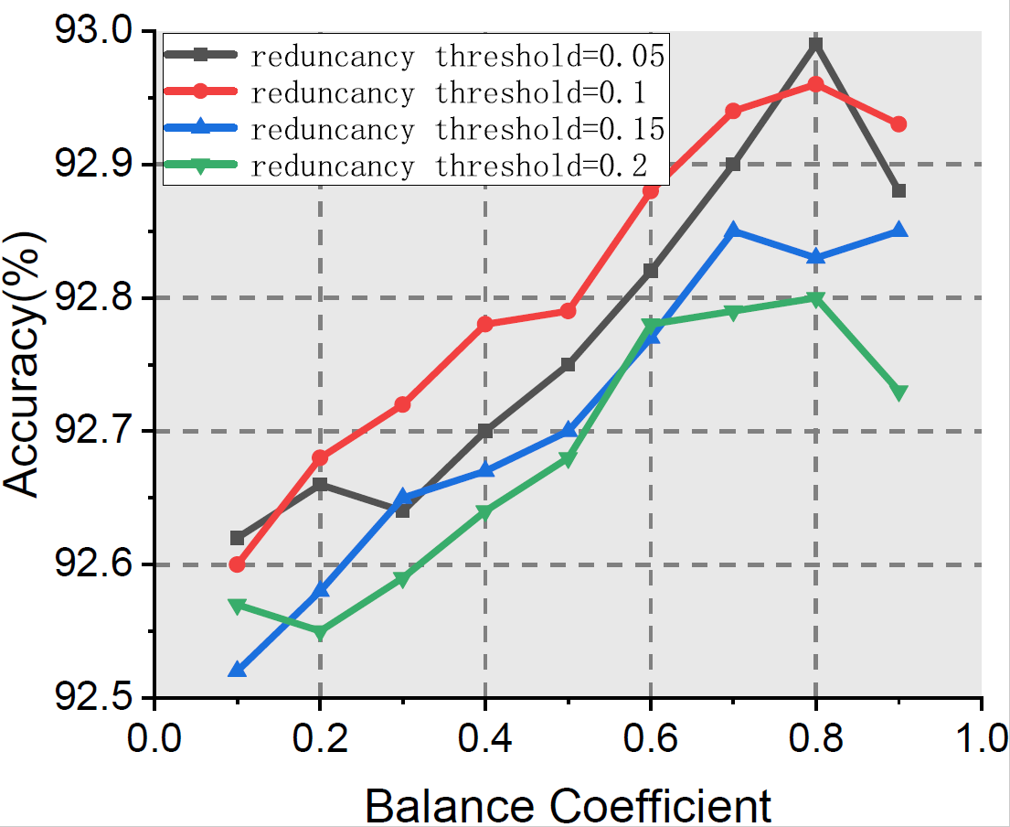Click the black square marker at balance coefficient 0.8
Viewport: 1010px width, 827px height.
pos(816,44)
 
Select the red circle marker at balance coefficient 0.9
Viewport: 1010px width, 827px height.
pos(898,124)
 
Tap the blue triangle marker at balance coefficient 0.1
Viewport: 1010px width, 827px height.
pos(238,670)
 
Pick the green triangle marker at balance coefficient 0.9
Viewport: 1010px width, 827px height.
pos(898,392)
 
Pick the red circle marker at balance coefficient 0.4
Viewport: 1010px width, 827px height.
pos(485,324)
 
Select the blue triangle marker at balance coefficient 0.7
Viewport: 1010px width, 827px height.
pos(733,231)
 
